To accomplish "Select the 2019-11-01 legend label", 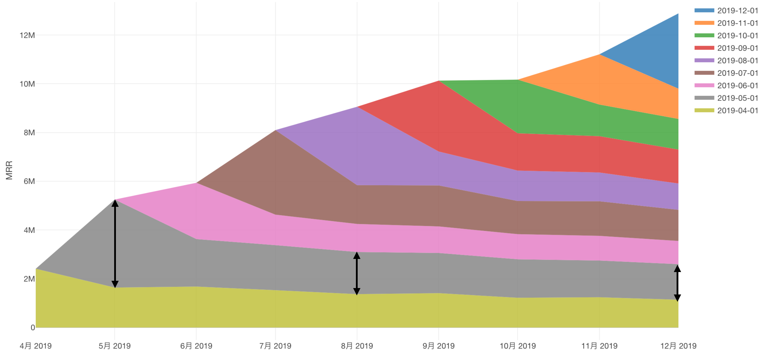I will (x=737, y=23).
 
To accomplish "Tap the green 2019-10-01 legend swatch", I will (x=704, y=36).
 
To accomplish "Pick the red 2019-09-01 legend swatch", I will (x=704, y=48).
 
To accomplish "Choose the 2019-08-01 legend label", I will (x=737, y=61).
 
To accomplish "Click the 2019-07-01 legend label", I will (x=737, y=73).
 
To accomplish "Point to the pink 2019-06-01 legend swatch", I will (x=704, y=86).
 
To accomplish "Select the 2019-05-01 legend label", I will (x=737, y=98).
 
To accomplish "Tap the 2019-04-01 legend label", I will (x=737, y=111).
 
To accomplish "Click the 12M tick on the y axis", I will (x=27, y=35).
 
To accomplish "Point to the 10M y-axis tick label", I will (x=27, y=84).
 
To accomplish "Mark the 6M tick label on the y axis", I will (x=29, y=181).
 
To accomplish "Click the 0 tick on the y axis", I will (x=33, y=328).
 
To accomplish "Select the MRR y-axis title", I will (x=9, y=170).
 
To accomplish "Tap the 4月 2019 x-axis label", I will (x=36, y=346).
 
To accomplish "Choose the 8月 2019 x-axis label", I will (x=357, y=346).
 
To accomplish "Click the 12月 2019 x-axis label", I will (x=678, y=346).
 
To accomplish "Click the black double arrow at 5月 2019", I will (x=115, y=244).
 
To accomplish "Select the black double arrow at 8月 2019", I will (x=357, y=273).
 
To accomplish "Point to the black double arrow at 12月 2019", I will (x=677, y=283).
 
